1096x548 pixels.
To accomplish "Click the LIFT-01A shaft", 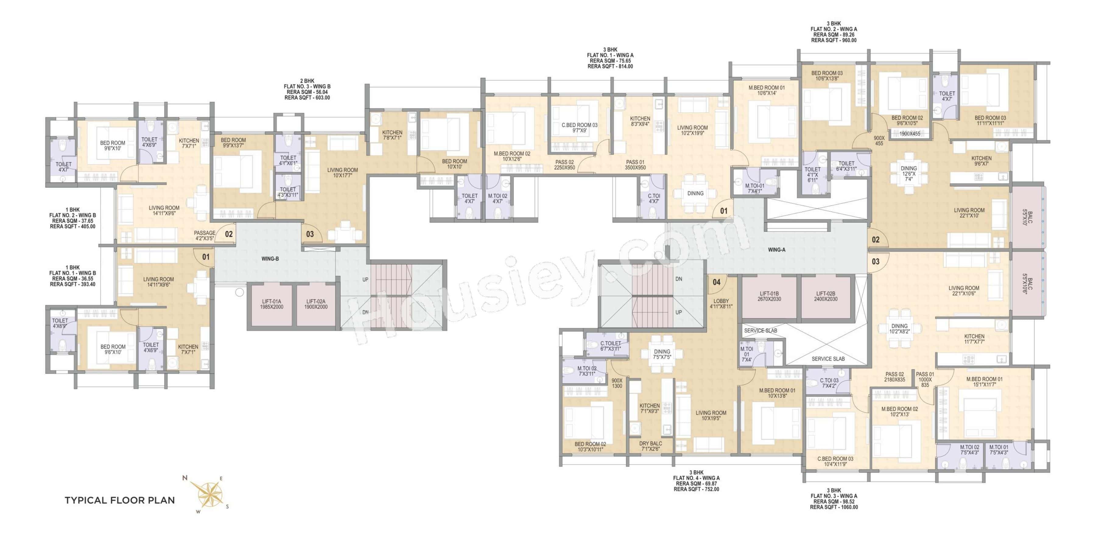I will click(272, 304).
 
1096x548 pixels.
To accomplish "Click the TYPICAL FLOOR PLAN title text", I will click(120, 500).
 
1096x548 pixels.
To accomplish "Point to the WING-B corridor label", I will click(270, 259).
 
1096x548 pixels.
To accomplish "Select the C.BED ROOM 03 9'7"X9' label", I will click(579, 128).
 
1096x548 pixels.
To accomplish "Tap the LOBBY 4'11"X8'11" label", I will click(721, 303).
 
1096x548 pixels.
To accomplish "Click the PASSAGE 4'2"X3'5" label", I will click(204, 236).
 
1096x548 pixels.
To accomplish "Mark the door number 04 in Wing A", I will click(716, 282).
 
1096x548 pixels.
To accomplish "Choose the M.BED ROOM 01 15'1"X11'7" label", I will click(984, 382).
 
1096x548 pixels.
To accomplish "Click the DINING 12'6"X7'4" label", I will click(908, 174).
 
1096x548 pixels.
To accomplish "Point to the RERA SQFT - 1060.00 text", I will click(834, 507).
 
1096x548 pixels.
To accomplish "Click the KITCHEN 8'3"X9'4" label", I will click(640, 121).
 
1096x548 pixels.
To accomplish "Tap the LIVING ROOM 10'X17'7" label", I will click(342, 172).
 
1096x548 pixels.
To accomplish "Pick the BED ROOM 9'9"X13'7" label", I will click(233, 142).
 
